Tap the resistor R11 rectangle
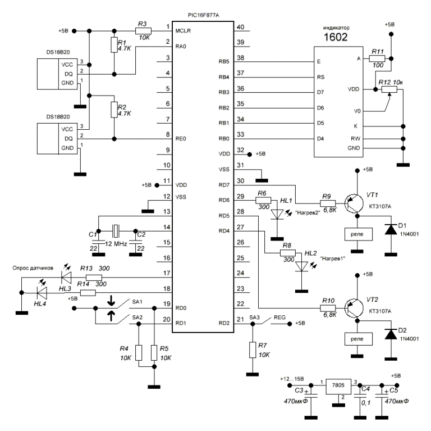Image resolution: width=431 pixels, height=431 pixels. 377,58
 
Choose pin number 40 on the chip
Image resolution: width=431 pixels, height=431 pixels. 242,28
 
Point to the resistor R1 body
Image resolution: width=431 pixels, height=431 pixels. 114,46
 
